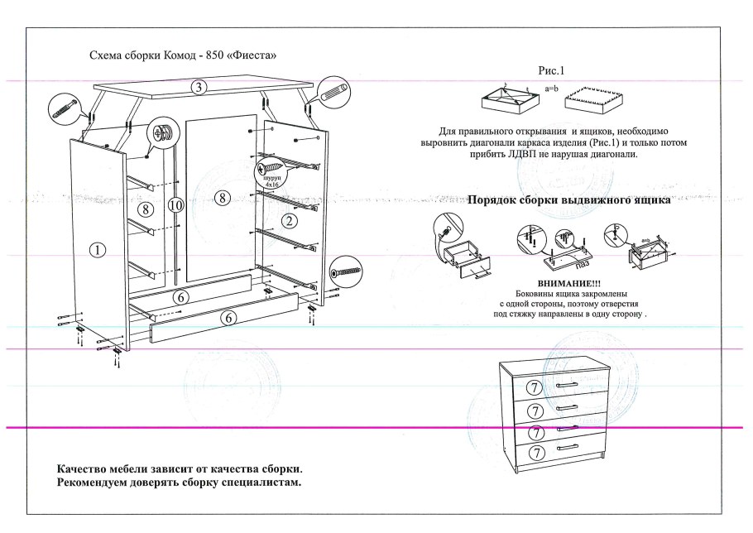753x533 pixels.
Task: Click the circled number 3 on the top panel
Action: tap(199, 86)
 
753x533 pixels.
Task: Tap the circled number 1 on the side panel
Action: tap(98, 250)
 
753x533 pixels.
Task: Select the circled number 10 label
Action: tap(174, 205)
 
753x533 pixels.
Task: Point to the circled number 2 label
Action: tap(289, 220)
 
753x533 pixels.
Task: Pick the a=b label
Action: tap(552, 88)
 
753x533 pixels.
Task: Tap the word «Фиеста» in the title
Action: tap(251, 55)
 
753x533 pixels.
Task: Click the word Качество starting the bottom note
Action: tap(82, 469)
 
